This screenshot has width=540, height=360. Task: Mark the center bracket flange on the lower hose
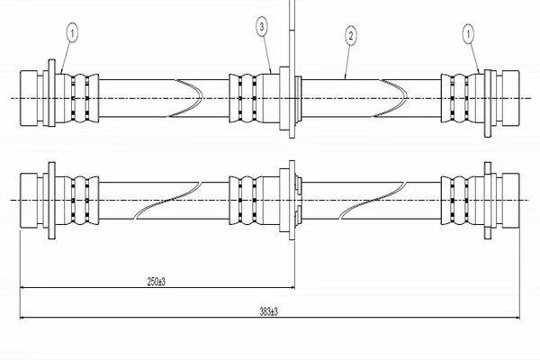(x=289, y=198)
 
